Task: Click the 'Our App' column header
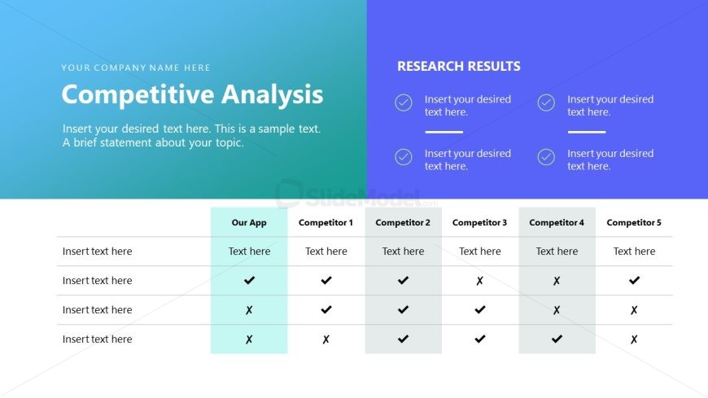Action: [249, 222]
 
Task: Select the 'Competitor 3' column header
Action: [479, 222]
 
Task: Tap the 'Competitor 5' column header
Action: [634, 222]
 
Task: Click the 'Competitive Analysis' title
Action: [192, 94]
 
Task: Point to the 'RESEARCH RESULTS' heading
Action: [459, 67]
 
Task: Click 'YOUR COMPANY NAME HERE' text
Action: [136, 68]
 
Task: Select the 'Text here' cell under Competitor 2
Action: [403, 251]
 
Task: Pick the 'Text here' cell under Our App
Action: [249, 251]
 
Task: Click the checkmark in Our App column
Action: [249, 281]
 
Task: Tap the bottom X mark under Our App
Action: [249, 339]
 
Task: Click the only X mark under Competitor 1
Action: [326, 339]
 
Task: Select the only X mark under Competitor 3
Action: [479, 281]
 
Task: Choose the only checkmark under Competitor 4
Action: [557, 339]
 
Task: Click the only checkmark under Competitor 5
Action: [634, 281]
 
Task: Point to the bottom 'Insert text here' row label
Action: [97, 339]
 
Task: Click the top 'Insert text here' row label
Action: [97, 251]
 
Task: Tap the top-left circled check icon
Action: [404, 103]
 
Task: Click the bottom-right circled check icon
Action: [546, 157]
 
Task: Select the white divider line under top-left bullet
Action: [444, 132]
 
